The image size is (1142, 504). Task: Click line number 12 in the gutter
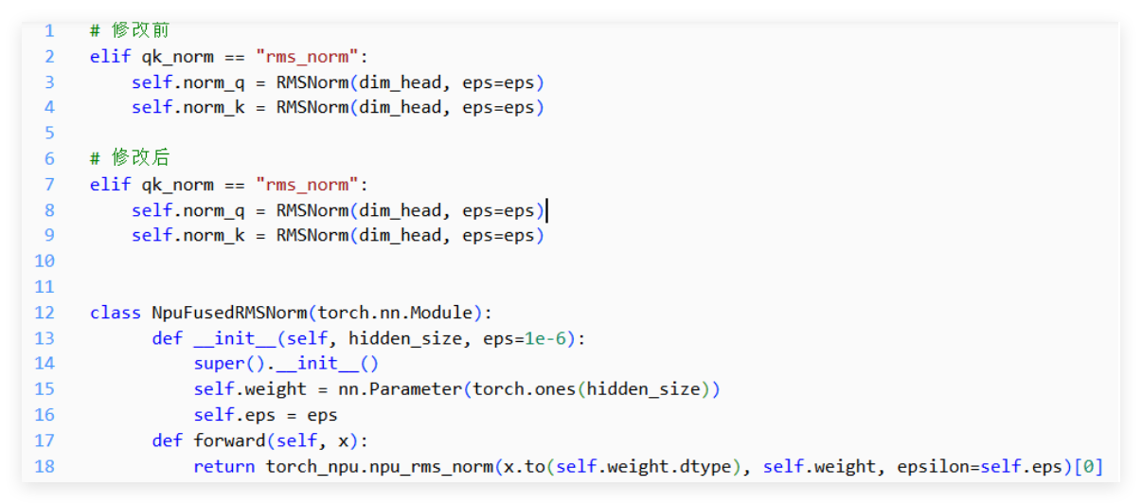[x=45, y=313]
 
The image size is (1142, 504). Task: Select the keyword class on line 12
[x=115, y=313]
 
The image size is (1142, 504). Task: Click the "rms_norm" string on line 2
[x=308, y=56]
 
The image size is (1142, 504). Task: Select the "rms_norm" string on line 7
[x=308, y=184]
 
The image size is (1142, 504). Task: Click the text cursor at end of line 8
[x=547, y=209]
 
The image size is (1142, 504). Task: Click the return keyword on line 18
[x=223, y=466]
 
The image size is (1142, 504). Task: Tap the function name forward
[x=229, y=441]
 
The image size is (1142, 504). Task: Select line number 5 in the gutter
[x=49, y=133]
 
